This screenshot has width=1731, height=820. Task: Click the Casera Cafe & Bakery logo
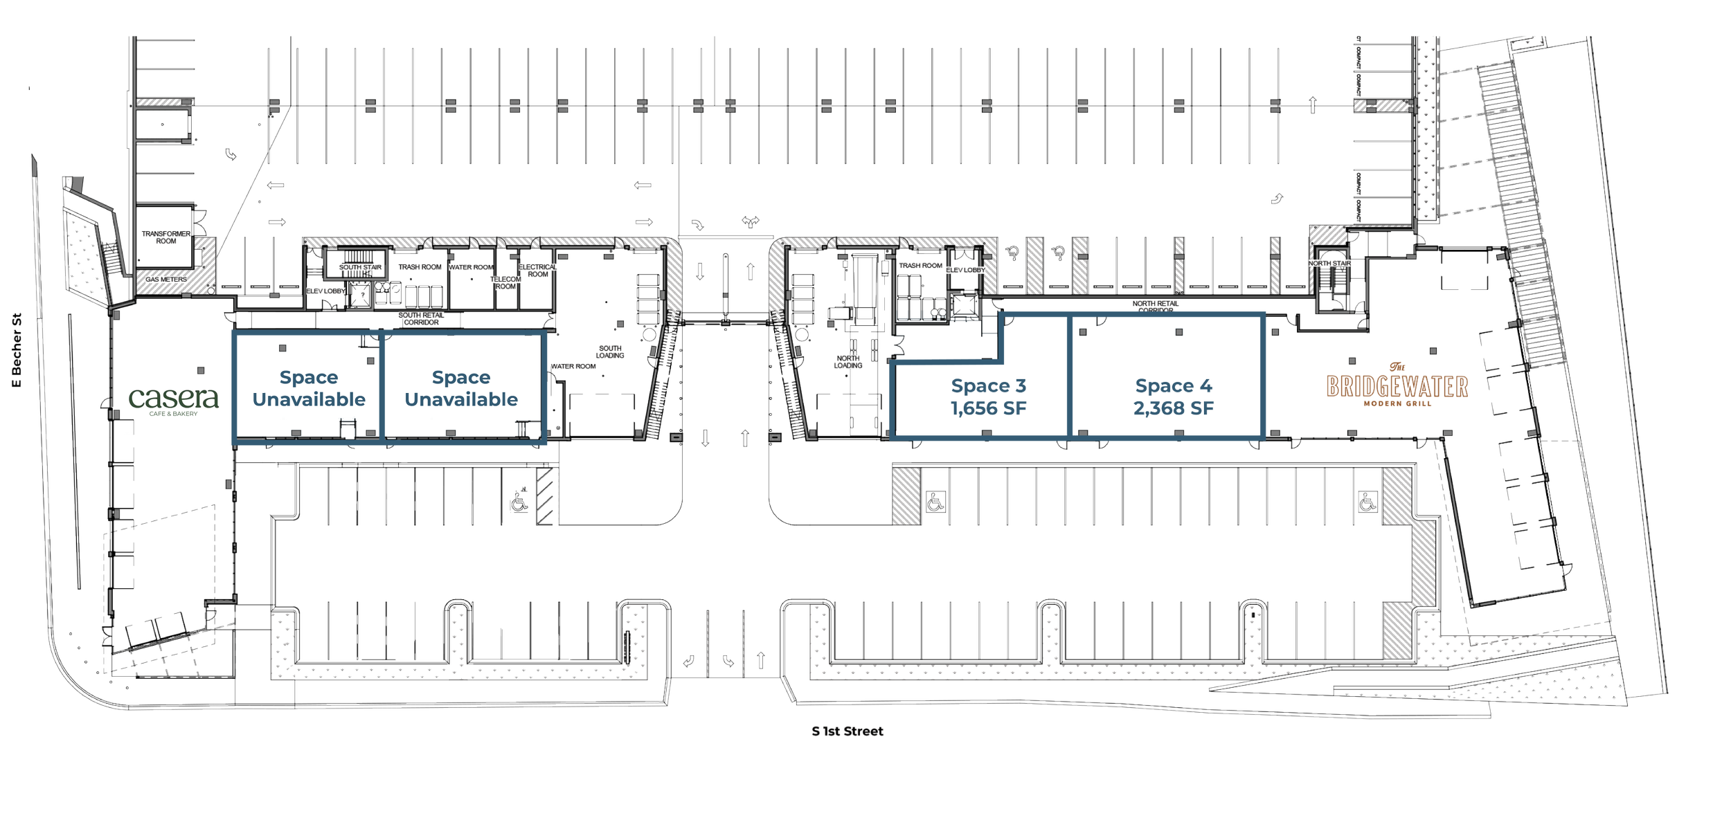click(x=174, y=401)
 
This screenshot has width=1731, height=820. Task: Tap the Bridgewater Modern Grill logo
click(x=1397, y=388)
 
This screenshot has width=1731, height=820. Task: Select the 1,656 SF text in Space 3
click(x=989, y=409)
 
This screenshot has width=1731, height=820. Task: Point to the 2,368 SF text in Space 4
click(x=1173, y=409)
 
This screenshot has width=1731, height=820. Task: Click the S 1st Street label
click(x=847, y=731)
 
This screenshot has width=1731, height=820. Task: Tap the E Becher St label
click(x=17, y=350)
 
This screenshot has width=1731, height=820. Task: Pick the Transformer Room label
click(x=166, y=237)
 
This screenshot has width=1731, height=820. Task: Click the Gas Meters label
click(x=166, y=280)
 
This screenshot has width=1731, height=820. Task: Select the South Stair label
click(x=360, y=267)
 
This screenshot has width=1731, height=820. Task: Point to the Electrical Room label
click(x=538, y=271)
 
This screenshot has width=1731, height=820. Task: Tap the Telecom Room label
click(x=505, y=283)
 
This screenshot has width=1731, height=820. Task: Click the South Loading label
click(x=610, y=352)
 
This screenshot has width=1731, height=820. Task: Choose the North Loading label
click(x=848, y=362)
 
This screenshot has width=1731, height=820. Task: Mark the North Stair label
click(x=1329, y=264)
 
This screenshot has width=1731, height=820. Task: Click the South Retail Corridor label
click(x=421, y=319)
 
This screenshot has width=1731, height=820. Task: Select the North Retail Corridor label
click(x=1156, y=307)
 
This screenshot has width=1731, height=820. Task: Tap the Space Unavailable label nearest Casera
click(x=309, y=389)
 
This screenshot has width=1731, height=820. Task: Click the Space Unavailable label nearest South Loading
click(x=461, y=389)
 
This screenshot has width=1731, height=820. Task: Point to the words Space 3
click(x=988, y=386)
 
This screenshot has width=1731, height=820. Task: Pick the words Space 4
click(x=1173, y=386)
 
